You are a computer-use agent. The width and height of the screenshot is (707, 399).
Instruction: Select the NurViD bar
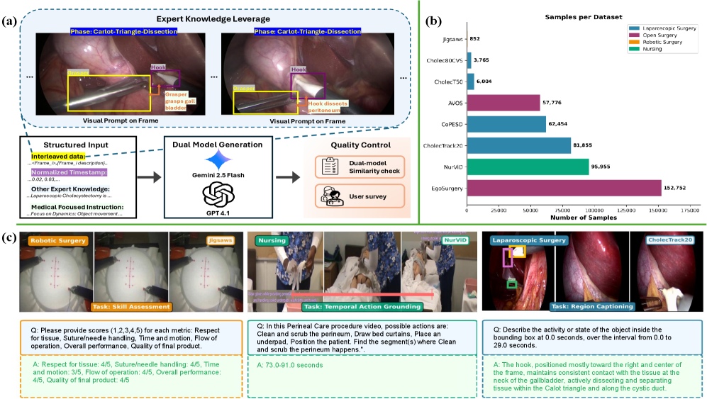tap(528, 167)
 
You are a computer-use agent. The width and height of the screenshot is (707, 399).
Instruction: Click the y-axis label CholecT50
tap(449, 82)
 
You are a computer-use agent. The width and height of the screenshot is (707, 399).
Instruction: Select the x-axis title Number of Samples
tap(577, 218)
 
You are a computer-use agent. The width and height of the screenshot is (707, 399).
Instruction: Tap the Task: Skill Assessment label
tap(131, 307)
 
